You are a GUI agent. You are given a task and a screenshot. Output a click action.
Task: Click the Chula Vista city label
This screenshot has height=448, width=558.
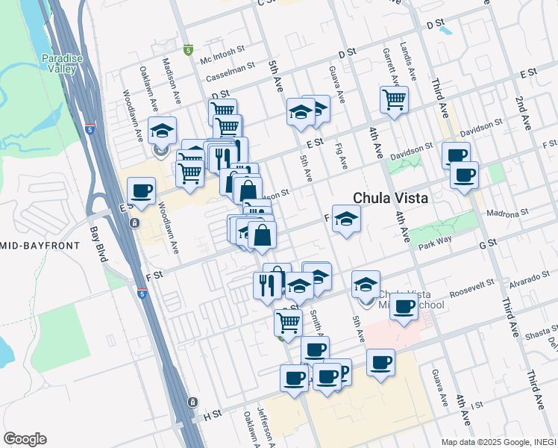pyautogui.click(x=390, y=199)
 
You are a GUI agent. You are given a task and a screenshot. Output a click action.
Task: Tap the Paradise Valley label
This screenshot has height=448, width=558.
pyautogui.click(x=58, y=63)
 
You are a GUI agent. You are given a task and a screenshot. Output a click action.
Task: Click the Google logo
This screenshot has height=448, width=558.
pyautogui.click(x=25, y=439)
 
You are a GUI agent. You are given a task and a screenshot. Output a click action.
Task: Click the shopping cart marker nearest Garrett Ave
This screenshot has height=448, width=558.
pyautogui.click(x=394, y=99)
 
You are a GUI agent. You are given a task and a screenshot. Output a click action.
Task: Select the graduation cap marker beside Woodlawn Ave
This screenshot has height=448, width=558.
pyautogui.click(x=162, y=130)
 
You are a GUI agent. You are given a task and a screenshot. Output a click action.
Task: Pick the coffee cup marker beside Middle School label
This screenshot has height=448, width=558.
pyautogui.click(x=404, y=305)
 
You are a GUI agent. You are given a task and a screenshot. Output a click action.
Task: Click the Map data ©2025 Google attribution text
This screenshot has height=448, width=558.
pyautogui.click(x=498, y=442)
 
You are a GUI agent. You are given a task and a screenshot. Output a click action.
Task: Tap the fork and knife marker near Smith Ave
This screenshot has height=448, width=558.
pyautogui.click(x=267, y=284)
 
